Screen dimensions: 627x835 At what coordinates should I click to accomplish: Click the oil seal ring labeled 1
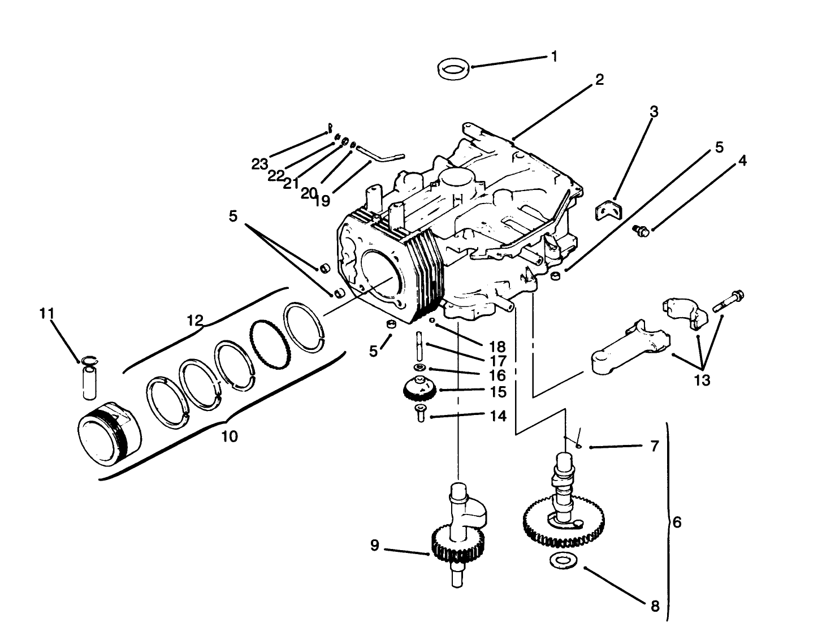[x=454, y=70]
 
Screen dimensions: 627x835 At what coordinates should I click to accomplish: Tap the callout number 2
[x=599, y=80]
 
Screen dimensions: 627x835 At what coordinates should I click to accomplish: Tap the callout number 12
[x=195, y=321]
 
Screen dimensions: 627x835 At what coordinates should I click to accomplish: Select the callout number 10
[x=230, y=436]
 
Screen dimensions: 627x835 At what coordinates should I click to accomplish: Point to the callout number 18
[x=498, y=347]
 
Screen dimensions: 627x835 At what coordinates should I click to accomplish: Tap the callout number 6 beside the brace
[x=677, y=522]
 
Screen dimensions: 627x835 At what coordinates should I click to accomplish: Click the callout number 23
[x=259, y=165]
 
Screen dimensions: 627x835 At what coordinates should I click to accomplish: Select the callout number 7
[x=655, y=447]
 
